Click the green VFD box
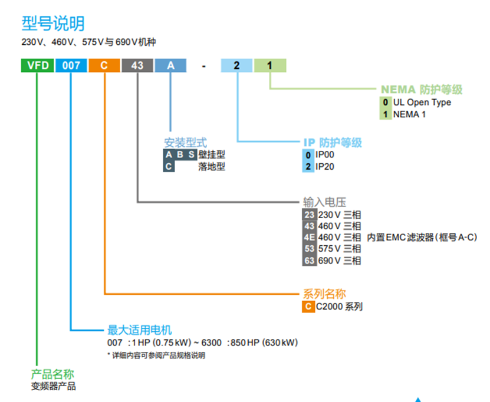point(38,65)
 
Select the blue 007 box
point(71,65)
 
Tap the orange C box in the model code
point(104,65)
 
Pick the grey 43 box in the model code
point(137,65)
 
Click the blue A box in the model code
point(170,65)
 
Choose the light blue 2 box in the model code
point(236,65)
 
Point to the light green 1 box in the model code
point(270,65)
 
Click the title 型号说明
point(53,24)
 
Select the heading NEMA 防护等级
point(422,90)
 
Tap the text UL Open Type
point(422,102)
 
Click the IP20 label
point(325,166)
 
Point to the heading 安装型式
point(186,143)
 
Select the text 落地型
point(212,166)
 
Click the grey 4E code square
point(310,238)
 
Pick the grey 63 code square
point(310,260)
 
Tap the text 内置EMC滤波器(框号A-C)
point(422,238)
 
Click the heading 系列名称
point(324,294)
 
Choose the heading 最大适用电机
point(140,330)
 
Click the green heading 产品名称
point(52,374)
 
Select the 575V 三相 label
point(340,249)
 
